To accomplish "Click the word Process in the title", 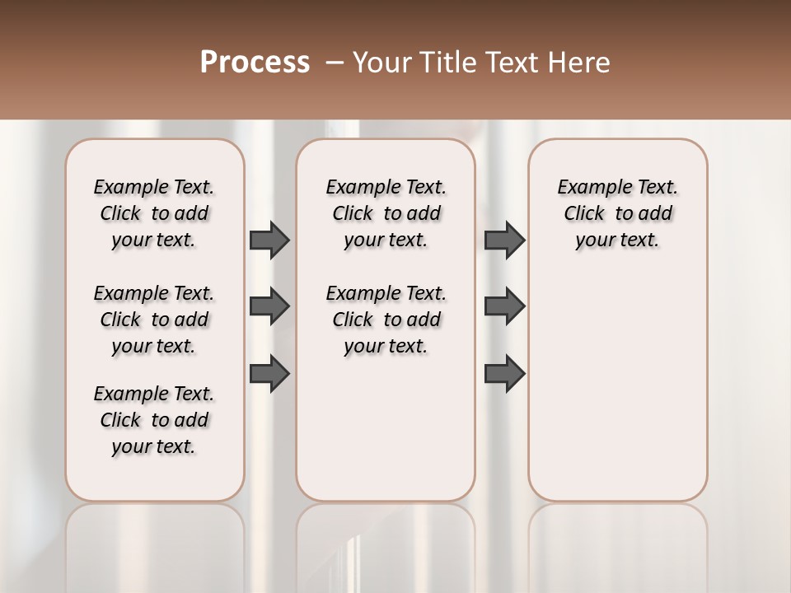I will pos(255,63).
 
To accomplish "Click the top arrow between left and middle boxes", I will pos(269,240).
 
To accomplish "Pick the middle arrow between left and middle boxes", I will pos(269,306).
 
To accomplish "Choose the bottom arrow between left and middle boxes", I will pos(269,374).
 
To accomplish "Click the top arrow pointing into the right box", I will pos(504,240).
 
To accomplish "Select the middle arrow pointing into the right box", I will pos(504,306).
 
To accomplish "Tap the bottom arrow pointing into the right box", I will pos(504,374).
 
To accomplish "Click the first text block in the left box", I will pos(154,213).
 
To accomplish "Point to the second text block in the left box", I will pos(154,320).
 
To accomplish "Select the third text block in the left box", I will pos(154,420).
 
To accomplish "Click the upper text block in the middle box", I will pos(386,213).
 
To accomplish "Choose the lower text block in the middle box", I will pos(386,320).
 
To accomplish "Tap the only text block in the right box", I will pos(617,213).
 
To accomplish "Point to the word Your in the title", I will pos(379,63).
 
